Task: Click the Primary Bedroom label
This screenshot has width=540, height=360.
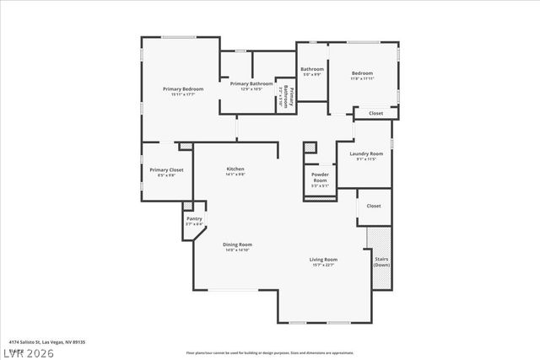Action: click(183, 89)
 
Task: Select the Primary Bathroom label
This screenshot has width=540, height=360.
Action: click(251, 83)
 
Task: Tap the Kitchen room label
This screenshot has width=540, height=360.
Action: click(235, 169)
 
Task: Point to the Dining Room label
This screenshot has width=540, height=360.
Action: click(238, 244)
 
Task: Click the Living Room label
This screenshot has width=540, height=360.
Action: click(323, 260)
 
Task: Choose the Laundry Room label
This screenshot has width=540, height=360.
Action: click(365, 153)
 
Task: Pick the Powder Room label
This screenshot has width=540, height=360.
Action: click(320, 177)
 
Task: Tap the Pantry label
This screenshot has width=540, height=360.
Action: click(194, 218)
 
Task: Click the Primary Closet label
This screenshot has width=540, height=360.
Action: click(166, 169)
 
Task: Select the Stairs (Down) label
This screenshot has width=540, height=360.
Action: click(381, 262)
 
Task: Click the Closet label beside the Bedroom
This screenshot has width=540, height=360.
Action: click(375, 113)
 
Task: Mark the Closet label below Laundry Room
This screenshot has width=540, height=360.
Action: click(373, 206)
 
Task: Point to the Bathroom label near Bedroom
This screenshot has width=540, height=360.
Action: click(312, 69)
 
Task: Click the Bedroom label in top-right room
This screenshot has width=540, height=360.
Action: click(362, 73)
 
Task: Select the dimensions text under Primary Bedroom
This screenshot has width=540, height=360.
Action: click(183, 94)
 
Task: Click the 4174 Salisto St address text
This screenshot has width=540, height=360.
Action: click(47, 342)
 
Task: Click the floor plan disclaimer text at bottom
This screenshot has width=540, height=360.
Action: click(270, 352)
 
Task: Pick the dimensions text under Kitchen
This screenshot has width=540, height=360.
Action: click(235, 175)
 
